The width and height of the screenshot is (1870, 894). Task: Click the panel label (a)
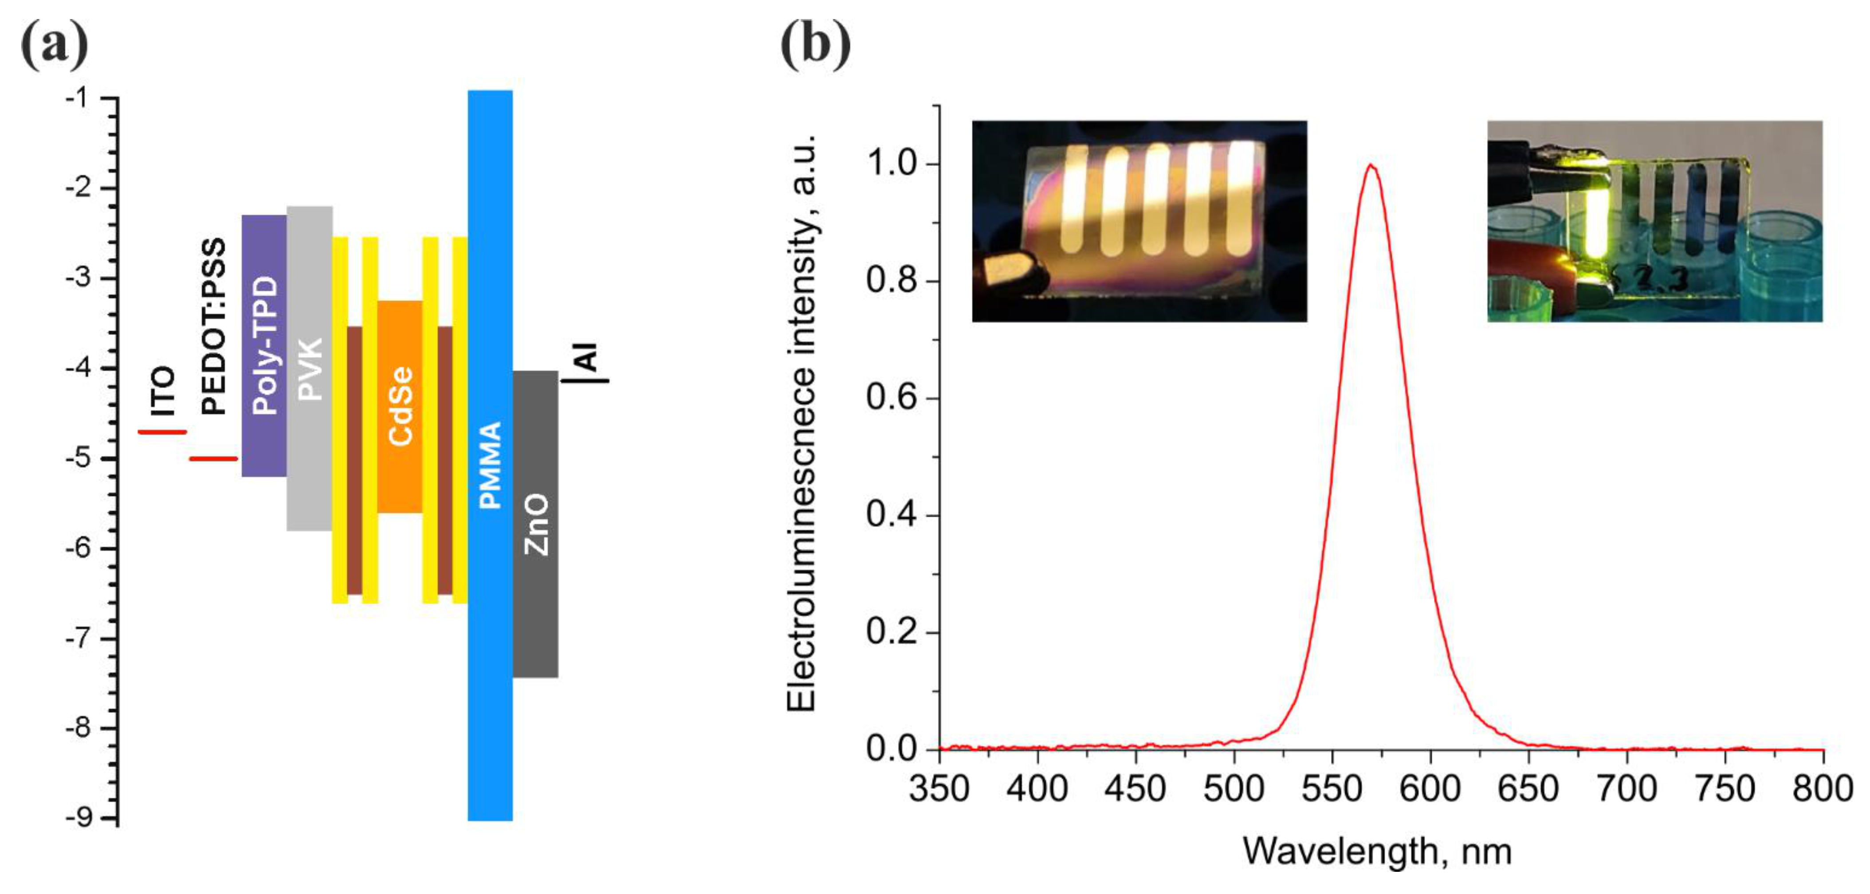point(55,45)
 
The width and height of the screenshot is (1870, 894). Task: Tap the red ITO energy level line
point(163,432)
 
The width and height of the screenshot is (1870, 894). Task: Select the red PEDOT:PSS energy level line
point(213,458)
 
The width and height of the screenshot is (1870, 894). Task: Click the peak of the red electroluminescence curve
point(1370,165)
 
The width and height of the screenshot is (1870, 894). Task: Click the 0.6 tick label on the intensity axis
point(892,398)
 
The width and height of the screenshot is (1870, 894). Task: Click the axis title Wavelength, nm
point(1377,851)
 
